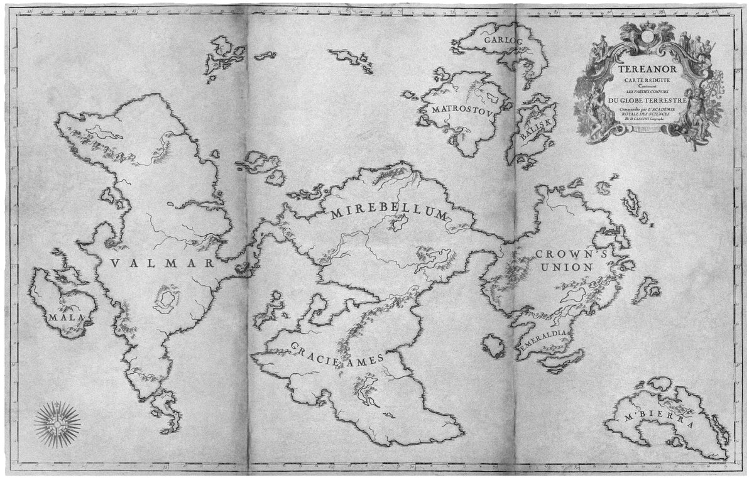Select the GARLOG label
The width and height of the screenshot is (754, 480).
pyautogui.click(x=500, y=40)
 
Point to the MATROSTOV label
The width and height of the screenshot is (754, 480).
pyautogui.click(x=468, y=108)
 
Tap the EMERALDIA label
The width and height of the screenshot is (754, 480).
pyautogui.click(x=544, y=338)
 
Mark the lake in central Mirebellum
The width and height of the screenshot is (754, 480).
pyautogui.click(x=397, y=221)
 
